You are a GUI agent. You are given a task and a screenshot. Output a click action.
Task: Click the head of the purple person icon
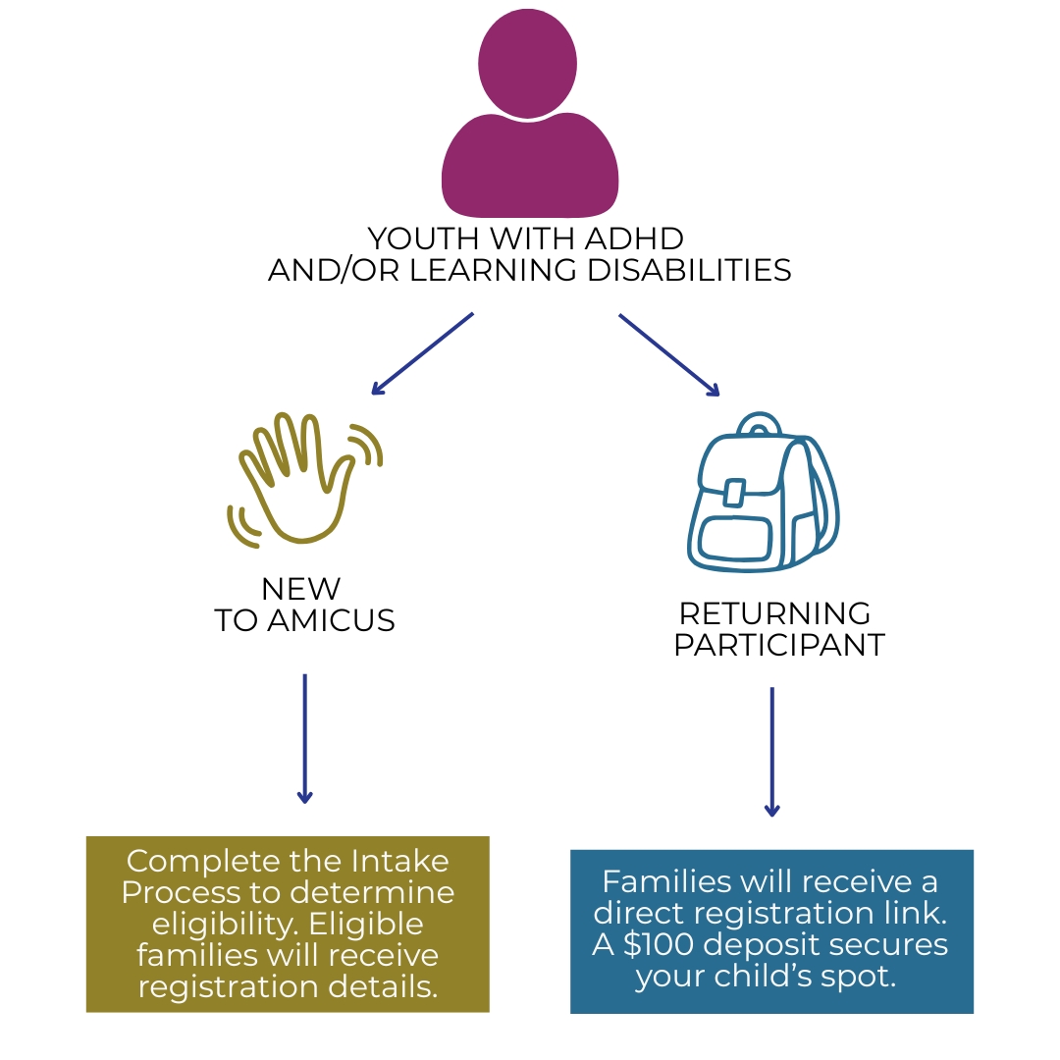(528, 61)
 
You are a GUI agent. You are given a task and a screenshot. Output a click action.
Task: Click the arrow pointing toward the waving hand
(422, 353)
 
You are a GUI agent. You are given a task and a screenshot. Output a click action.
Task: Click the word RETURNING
(774, 613)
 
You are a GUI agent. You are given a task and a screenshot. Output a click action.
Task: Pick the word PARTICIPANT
(779, 645)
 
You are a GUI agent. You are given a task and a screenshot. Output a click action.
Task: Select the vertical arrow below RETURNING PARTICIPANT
(771, 751)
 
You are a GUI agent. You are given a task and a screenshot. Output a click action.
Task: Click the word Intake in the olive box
(399, 861)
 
